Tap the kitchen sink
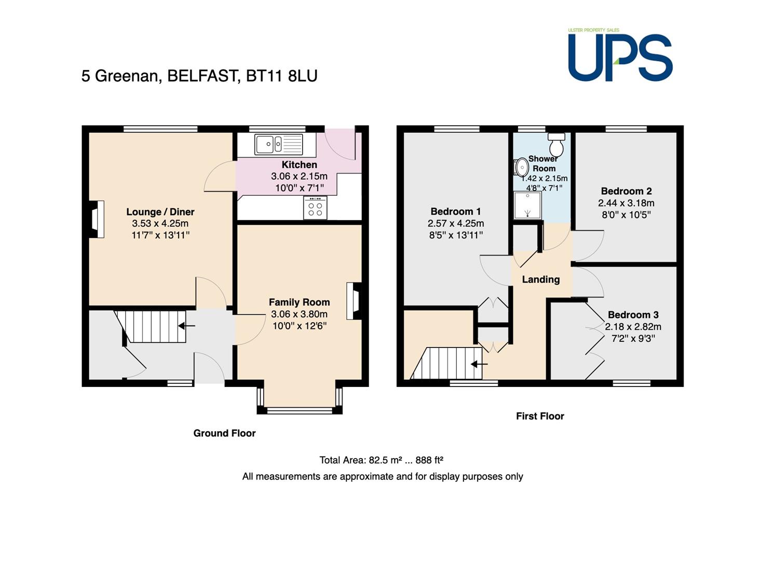pos(279,144)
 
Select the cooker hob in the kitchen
pos(315,207)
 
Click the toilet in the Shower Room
pos(557,144)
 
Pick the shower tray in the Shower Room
pos(527,205)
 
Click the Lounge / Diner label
pos(160,212)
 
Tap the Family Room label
pos(299,302)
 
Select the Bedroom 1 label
pos(456,211)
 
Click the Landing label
pos(541,279)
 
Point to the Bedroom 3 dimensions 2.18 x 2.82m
pos(633,327)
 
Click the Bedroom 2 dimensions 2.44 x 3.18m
pos(626,203)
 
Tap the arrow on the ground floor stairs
pos(186,326)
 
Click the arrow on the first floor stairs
pos(479,364)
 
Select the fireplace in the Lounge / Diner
pos(97,219)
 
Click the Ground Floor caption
pos(224,433)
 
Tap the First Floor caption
pos(540,416)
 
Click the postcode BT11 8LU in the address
pos(281,76)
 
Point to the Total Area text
pos(382,460)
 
